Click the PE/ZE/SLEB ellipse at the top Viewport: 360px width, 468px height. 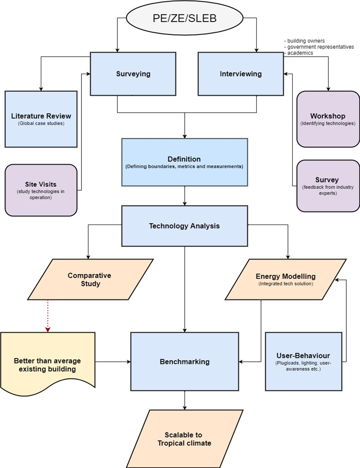[184, 18]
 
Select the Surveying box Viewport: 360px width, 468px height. [133, 74]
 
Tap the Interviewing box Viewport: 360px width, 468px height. [241, 74]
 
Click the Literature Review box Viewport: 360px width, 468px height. [41, 119]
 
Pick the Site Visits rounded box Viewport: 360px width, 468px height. [41, 190]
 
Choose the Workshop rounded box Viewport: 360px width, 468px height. [328, 119]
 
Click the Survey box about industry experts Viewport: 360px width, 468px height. [328, 186]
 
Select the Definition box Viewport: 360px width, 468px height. [184, 162]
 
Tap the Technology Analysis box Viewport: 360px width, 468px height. [184, 226]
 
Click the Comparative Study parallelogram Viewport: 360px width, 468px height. [90, 279]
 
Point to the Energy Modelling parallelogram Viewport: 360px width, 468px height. [286, 279]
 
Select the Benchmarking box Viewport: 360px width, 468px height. [184, 361]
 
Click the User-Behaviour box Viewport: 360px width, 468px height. [304, 361]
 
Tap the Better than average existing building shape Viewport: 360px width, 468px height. [47, 363]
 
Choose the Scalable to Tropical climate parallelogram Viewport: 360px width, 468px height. [184, 439]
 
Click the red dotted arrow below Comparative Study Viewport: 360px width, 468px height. [48, 316]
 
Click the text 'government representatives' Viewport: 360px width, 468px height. [321, 47]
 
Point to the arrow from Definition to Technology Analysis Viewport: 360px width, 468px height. [184, 196]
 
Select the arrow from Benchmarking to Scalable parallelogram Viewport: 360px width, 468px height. [184, 400]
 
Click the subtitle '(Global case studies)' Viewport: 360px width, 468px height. [41, 123]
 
